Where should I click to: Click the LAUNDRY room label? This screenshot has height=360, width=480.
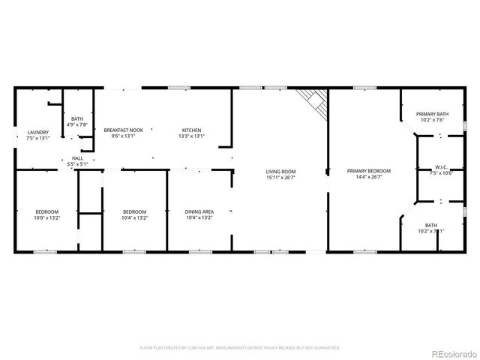[37, 132]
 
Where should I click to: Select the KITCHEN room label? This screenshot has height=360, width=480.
[191, 130]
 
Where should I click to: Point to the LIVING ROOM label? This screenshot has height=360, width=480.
[280, 171]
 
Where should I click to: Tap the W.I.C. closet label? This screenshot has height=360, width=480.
[441, 167]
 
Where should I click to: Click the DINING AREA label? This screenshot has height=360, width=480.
[199, 211]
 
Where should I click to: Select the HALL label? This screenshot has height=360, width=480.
[78, 158]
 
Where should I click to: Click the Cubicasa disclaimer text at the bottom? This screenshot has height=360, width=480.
[240, 348]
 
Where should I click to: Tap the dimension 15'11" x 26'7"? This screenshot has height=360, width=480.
[280, 178]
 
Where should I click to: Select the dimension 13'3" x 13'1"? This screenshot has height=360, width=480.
[191, 136]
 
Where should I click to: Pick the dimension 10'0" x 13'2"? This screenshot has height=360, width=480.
[46, 218]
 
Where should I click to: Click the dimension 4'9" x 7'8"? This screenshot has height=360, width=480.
[78, 124]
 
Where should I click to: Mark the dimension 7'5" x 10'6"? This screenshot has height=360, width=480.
[441, 173]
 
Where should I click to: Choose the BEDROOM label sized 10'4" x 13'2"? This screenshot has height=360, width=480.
[135, 211]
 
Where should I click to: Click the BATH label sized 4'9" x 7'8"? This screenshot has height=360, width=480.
[78, 118]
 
